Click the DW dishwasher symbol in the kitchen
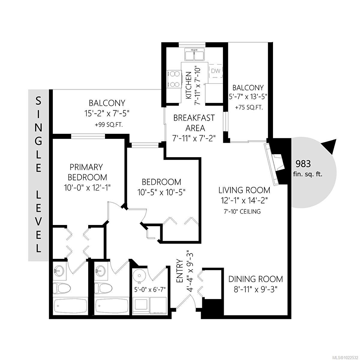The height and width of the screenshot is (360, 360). (x=216, y=71)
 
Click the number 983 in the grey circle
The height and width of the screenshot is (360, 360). (x=303, y=163)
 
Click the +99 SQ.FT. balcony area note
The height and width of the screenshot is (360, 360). (x=109, y=124)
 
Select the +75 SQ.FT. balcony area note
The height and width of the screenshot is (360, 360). (x=249, y=107)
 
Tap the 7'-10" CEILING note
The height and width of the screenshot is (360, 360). (x=242, y=211)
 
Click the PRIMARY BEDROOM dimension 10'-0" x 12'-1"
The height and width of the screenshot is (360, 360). (x=87, y=188)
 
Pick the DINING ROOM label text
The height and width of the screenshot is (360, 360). (x=256, y=279)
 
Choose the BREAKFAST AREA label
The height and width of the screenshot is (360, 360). (x=194, y=123)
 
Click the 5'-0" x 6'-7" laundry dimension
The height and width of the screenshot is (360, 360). (x=150, y=289)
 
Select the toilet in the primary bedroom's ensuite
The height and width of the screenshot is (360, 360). (x=61, y=289)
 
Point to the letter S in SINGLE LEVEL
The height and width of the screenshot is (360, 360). (x=38, y=101)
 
